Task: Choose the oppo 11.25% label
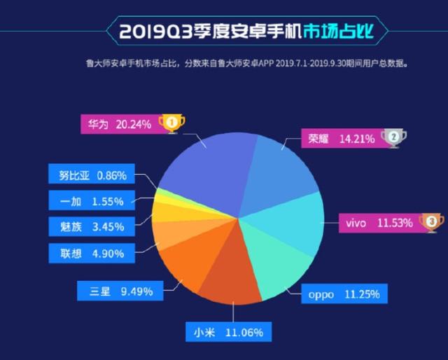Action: click(344, 294)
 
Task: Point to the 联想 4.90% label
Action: click(90, 252)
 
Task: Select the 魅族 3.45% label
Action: click(90, 227)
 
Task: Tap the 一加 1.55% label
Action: click(90, 201)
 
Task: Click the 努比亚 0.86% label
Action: click(90, 175)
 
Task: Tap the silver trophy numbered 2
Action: click(393, 137)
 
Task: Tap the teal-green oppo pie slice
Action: click(273, 263)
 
